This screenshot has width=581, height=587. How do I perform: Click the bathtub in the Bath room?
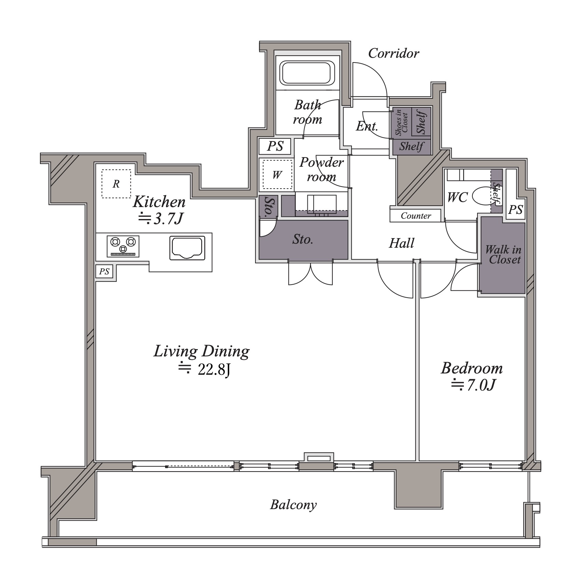pos(307,73)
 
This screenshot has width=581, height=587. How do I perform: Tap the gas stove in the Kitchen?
pos(123,246)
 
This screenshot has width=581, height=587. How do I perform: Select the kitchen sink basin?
pos(188,247)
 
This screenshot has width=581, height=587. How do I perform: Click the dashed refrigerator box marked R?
pos(116,184)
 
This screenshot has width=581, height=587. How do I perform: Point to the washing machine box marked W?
pos(277,175)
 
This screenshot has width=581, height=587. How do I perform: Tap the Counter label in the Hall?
pos(416,216)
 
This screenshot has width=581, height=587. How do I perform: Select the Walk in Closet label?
pos(503,255)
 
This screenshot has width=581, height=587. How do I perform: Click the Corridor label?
pos(393,53)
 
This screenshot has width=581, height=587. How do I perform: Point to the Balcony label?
pos(293,505)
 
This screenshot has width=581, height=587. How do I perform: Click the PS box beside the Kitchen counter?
pos(105,272)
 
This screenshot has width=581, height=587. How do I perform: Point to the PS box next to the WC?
pos(515,209)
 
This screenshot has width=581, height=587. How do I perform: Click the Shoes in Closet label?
pos(402,122)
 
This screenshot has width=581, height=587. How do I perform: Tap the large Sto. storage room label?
pos(303,240)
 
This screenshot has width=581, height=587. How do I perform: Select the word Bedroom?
pos(472,368)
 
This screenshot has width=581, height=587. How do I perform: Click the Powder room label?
pos(321,169)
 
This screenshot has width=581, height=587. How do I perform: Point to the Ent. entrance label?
pos(367,126)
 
